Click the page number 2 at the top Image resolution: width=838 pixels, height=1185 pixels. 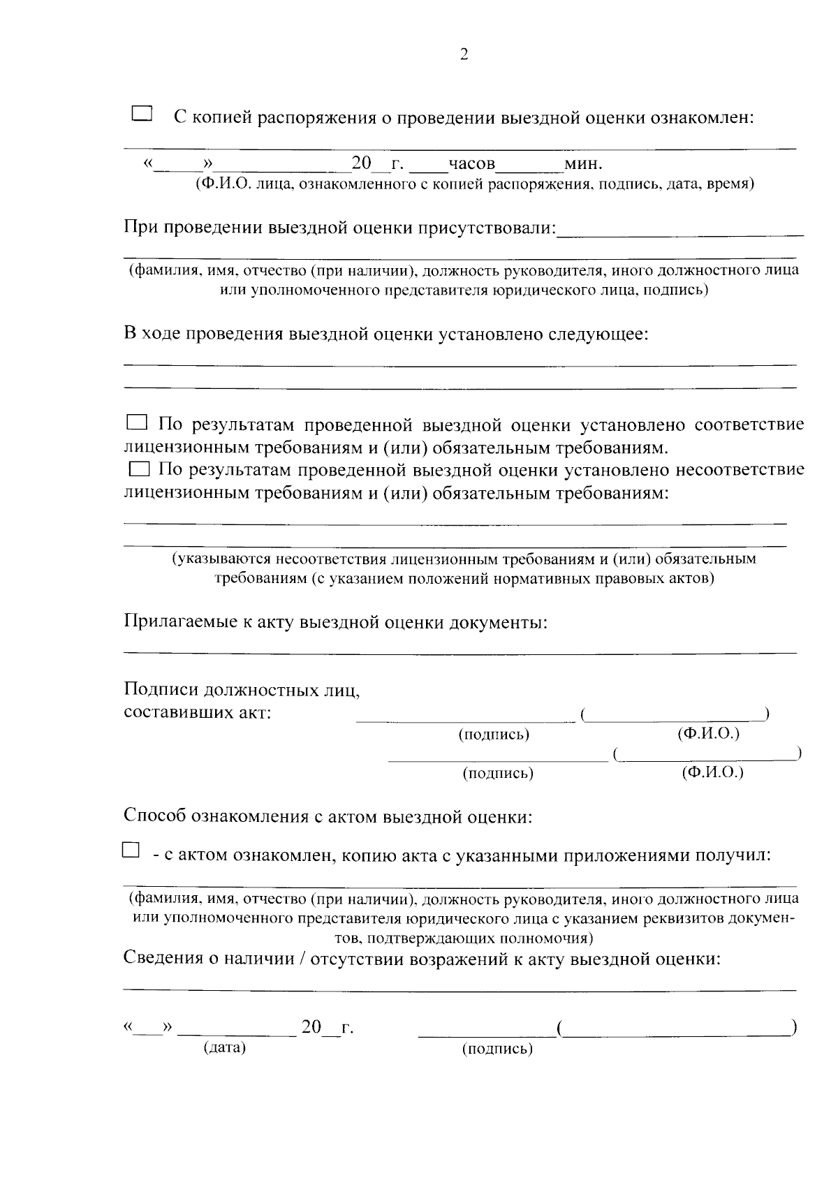point(464,55)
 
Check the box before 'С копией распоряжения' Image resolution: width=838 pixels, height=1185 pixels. point(142,114)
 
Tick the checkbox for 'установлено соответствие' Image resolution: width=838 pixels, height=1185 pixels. point(137,422)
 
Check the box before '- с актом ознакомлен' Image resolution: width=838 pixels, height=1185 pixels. point(131,850)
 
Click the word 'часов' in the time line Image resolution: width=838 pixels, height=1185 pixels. point(471,164)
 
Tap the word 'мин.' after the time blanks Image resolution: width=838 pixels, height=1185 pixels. point(583,164)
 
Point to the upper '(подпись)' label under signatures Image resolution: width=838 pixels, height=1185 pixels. point(494,735)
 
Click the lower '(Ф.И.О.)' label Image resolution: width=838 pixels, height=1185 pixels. point(712,772)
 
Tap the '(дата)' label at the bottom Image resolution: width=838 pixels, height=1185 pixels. point(224,1047)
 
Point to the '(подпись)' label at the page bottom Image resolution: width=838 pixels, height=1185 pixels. point(497,1048)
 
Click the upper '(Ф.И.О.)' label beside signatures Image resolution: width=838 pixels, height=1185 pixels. point(708,734)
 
